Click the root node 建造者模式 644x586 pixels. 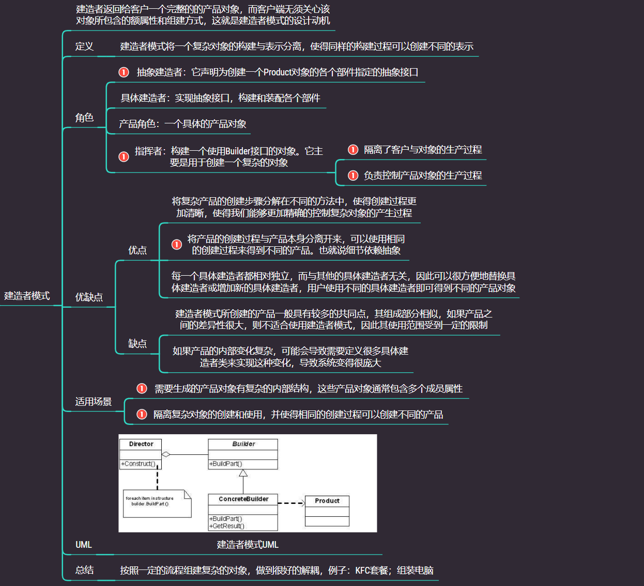point(27,296)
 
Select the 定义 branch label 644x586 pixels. point(84,46)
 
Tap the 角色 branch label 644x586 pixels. point(84,118)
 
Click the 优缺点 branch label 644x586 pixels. point(89,297)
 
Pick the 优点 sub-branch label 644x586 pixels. point(137,250)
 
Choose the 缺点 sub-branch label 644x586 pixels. point(137,344)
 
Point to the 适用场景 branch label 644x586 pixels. point(94,402)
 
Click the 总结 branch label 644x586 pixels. point(84,570)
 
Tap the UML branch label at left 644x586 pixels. point(84,545)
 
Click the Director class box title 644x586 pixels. point(141,444)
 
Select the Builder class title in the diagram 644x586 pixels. point(243,444)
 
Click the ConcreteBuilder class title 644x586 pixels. point(243,499)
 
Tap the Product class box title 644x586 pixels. point(327,501)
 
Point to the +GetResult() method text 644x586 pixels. point(227,526)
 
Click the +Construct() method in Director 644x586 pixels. point(138,464)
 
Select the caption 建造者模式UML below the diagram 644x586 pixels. point(248,545)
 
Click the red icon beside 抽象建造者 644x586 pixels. point(124,72)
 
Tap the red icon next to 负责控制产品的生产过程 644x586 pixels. point(353,176)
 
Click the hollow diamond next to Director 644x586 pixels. point(166,454)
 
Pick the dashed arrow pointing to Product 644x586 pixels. point(292,503)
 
